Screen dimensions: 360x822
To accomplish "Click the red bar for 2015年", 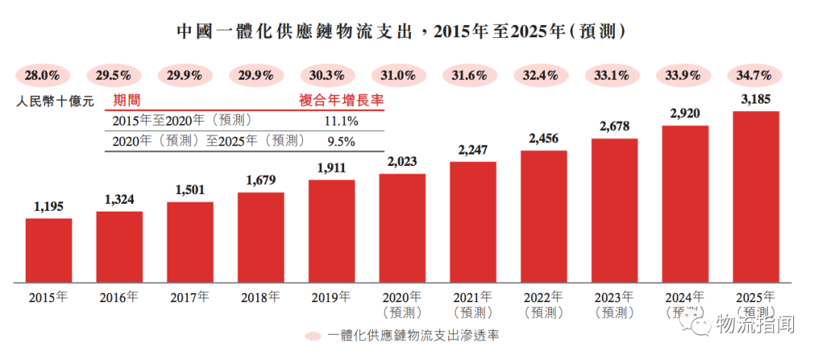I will [x=48, y=250].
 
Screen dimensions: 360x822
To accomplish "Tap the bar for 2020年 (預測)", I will [x=402, y=227].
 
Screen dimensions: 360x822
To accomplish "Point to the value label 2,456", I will [x=543, y=139].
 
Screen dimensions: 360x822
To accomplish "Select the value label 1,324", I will [x=119, y=200].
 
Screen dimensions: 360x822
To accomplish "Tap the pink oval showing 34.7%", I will [x=756, y=75].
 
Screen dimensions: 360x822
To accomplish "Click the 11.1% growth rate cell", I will [x=341, y=121].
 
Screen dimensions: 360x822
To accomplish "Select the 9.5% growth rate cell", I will [x=341, y=141].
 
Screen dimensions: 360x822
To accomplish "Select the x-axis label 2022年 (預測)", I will [x=543, y=304].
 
